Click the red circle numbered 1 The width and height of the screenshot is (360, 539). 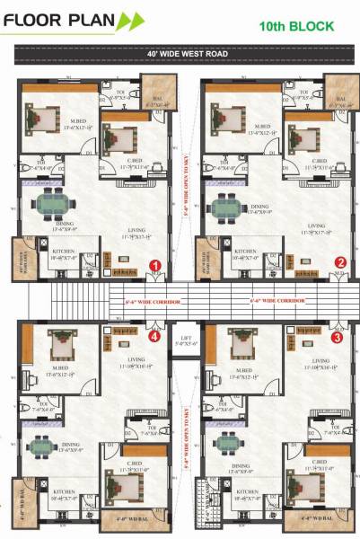click(154, 266)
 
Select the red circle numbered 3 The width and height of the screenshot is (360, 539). click(337, 339)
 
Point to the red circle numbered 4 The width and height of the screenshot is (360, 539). click(154, 339)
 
